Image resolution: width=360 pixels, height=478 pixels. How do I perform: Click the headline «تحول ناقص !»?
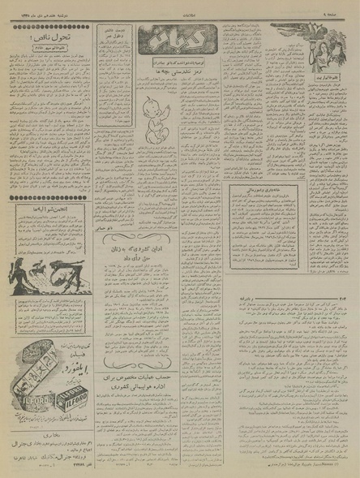[49, 37]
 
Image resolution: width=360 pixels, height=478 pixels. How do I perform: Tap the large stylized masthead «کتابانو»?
[173, 38]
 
